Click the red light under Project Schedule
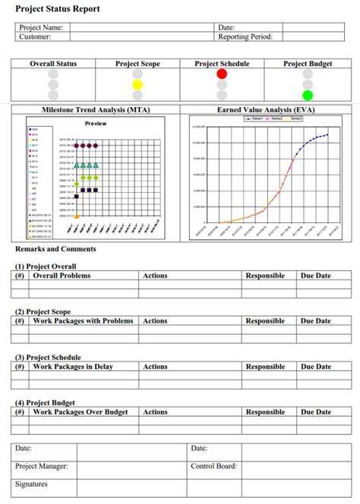pos(222,74)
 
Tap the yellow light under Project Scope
pos(137,85)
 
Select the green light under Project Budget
pos(307,96)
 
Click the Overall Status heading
pos(53,64)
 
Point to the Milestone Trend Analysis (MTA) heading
pos(96,110)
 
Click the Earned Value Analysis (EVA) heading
pos(266,110)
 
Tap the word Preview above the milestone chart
pos(96,124)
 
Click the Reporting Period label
pos(245,36)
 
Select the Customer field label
pos(35,36)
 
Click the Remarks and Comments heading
pos(55,249)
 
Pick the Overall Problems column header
pos(60,276)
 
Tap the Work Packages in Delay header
pos(72,367)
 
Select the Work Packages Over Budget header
pos(81,412)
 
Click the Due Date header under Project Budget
pos(316,412)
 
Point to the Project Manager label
pos(42,466)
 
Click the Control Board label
pos(214,466)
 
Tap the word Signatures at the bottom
pos(31,484)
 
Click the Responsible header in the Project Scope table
pos(265,321)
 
